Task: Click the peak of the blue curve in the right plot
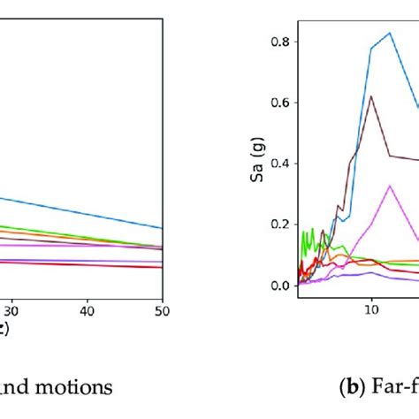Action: pos(390,33)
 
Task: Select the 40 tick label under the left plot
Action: pos(87,312)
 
